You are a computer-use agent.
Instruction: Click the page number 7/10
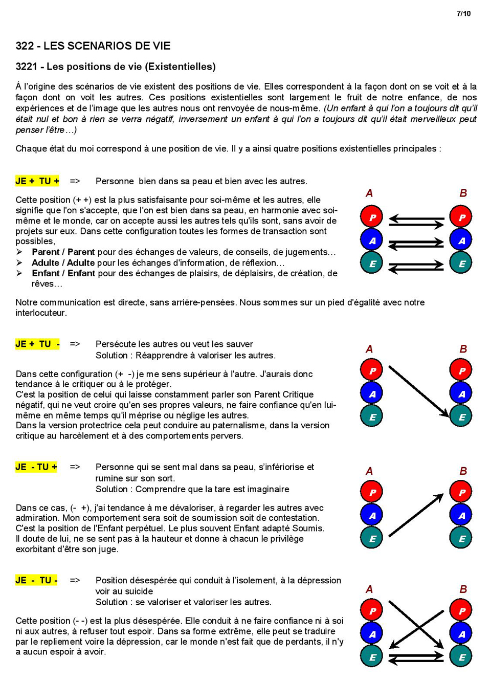(463, 13)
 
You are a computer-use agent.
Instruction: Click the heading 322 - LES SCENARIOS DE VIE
(93, 46)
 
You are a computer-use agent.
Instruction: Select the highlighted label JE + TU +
(37, 181)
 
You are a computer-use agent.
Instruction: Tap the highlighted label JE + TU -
(37, 344)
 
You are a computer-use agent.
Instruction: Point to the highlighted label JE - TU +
(36, 467)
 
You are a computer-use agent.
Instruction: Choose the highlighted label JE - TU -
(36, 581)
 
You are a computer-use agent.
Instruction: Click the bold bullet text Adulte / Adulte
(63, 263)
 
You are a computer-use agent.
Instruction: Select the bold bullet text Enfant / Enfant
(63, 274)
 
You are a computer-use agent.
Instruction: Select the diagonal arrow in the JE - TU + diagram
(416, 515)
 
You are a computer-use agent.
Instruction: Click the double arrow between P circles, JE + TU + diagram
(416, 221)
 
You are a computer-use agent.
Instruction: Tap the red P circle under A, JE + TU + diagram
(372, 217)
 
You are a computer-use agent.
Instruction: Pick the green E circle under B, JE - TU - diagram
(461, 657)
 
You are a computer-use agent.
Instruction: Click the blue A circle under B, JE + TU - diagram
(461, 394)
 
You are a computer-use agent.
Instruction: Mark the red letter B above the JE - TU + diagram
(463, 471)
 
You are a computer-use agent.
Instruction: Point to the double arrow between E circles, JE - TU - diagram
(416, 657)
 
